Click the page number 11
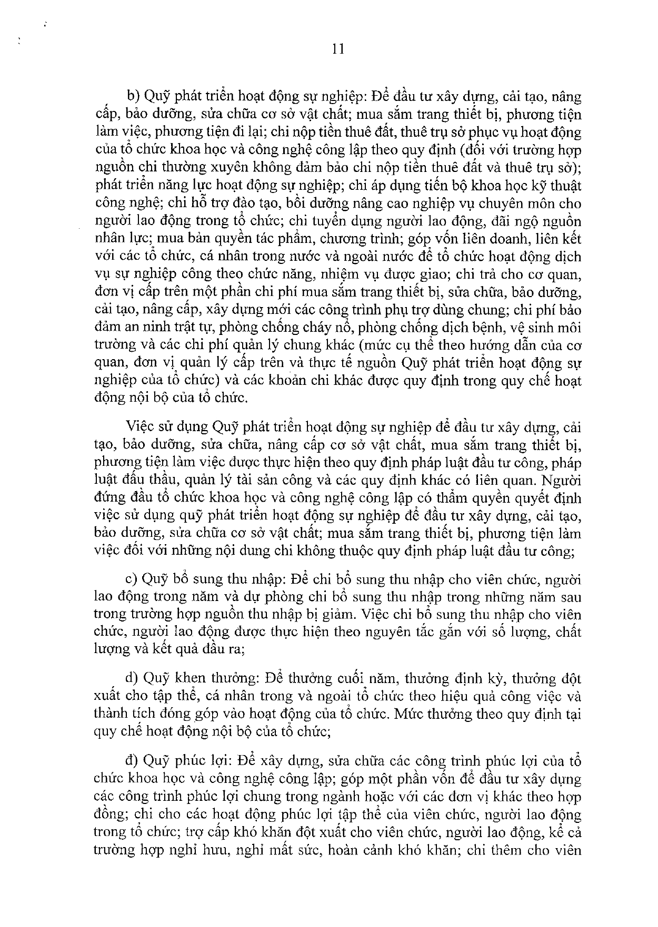(x=338, y=49)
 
